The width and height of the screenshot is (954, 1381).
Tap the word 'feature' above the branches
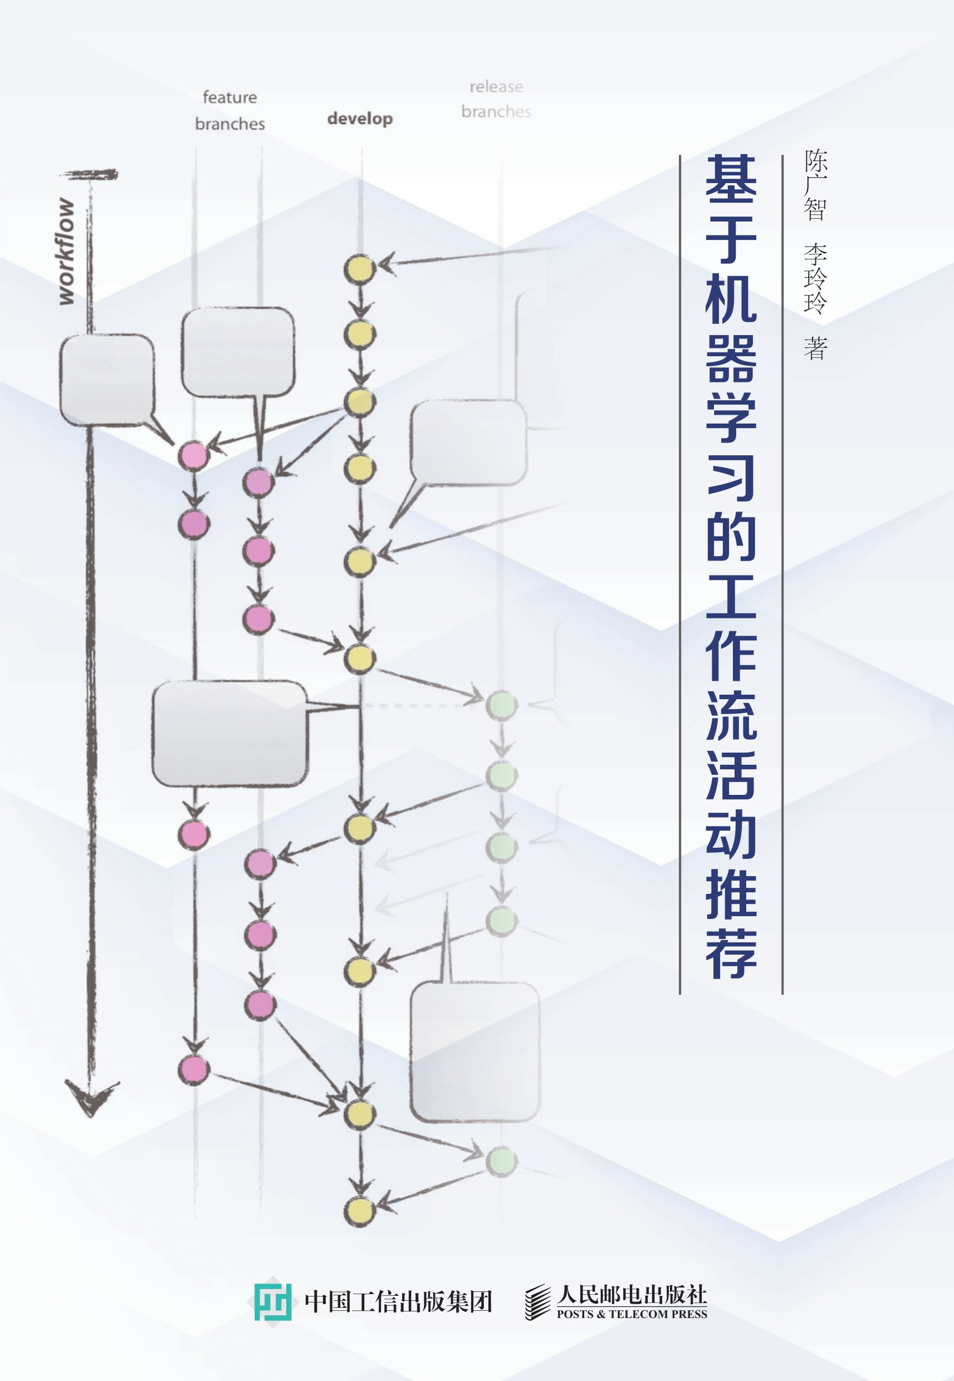229,97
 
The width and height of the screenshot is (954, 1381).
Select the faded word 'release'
496,87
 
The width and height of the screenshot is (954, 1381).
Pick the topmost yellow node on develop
359,269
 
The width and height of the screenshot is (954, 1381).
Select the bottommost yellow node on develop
359,1211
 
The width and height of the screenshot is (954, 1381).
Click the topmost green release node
502,705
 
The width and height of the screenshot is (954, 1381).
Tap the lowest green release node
502,1161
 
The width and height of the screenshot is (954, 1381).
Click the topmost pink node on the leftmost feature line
193,456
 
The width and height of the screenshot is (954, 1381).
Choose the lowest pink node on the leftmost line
194,1069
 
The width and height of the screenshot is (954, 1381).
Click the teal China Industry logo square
272,1302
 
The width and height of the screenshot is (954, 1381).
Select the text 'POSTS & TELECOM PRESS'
632,1314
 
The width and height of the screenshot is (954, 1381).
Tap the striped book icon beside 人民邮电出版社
537,1302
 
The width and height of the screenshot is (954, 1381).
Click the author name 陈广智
815,185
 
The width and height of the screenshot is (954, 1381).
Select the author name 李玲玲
815,278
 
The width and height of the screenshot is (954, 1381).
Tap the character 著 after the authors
815,348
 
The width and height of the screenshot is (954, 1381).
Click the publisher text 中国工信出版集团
398,1302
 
